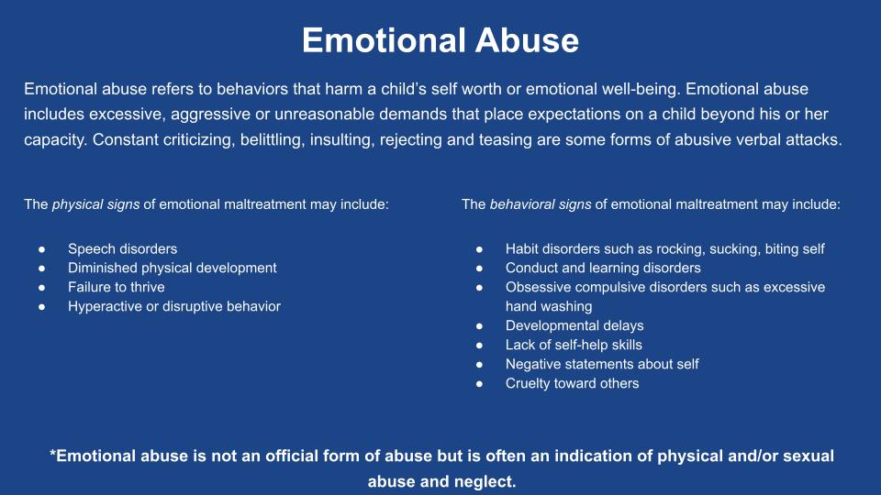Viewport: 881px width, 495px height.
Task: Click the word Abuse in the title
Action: (527, 40)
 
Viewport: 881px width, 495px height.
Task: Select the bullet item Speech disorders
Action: (122, 249)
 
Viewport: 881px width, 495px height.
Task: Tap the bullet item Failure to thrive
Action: (117, 287)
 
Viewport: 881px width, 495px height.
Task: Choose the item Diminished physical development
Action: (172, 269)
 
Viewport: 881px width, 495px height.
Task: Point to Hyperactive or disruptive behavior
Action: (174, 306)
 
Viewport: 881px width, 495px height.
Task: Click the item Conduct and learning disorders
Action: (603, 269)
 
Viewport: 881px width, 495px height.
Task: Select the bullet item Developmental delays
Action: (574, 325)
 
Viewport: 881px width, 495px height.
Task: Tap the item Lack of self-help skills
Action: (574, 345)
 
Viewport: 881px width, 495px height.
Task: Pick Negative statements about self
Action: (602, 364)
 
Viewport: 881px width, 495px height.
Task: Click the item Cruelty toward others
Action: (572, 383)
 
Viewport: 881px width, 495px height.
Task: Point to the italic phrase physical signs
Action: (95, 204)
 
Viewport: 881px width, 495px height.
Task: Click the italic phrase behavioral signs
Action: (540, 204)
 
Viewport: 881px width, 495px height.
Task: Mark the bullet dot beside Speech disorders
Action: (42, 249)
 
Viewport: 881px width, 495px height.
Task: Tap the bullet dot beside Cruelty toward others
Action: (479, 384)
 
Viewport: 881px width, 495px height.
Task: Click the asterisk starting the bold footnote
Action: (53, 453)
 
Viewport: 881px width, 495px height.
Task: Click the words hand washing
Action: (549, 306)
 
